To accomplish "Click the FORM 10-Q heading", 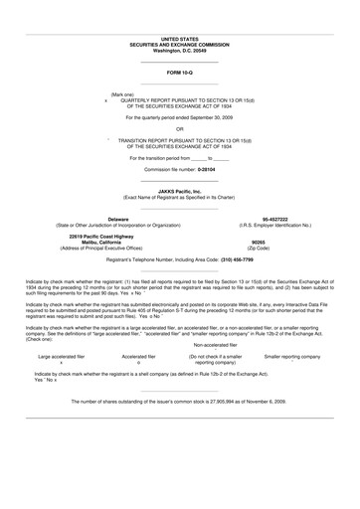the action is tap(180, 74).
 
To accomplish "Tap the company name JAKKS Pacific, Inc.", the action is tap(179, 191).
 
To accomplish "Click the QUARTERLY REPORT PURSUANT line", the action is tap(180, 100).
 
